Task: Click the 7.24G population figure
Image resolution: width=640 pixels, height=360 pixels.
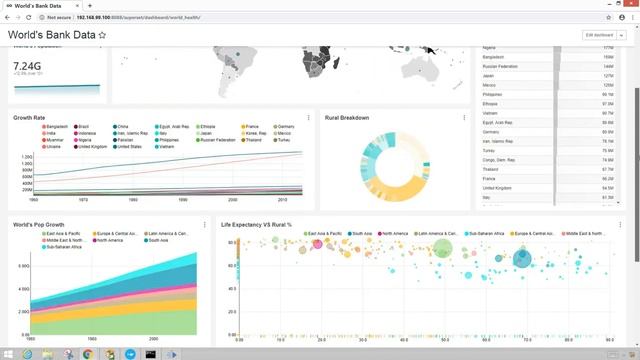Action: coord(28,64)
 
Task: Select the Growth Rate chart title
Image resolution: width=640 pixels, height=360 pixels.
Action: coord(29,118)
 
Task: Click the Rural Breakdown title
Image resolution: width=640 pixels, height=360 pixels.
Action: coord(347,118)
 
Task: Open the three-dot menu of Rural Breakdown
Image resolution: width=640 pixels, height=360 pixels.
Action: coord(464,118)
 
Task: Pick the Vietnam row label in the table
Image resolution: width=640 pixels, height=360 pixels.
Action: coord(493,113)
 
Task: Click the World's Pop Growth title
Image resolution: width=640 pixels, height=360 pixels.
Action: coord(39,224)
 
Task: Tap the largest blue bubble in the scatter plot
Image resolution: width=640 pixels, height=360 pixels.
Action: coord(522,260)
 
